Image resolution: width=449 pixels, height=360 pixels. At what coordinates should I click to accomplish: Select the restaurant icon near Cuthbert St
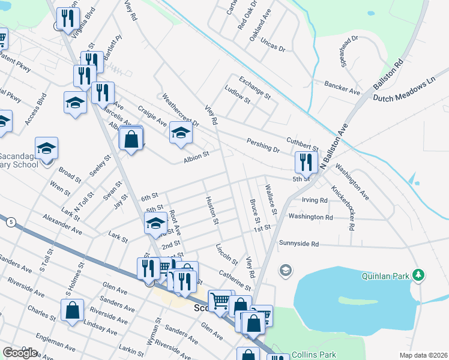click(306, 161)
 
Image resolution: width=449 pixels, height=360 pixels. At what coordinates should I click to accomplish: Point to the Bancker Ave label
click(342, 88)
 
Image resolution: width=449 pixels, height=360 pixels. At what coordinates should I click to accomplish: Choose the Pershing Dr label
click(263, 145)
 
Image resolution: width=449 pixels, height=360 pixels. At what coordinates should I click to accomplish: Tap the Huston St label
click(211, 211)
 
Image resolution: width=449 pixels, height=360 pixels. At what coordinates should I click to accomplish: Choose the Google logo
click(19, 353)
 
